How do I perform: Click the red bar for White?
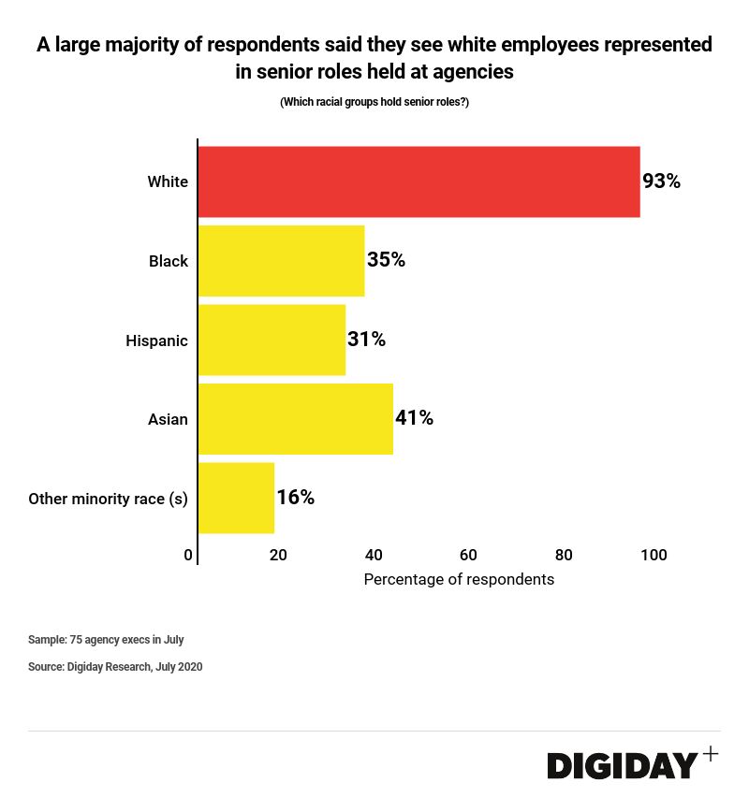[x=419, y=181]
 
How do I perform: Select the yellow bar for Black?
[x=281, y=261]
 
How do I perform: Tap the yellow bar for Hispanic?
[x=272, y=340]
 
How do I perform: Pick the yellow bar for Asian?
[x=295, y=418]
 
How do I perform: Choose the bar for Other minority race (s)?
[x=236, y=498]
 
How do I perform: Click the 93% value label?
[x=661, y=181]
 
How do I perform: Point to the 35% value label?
[x=386, y=260]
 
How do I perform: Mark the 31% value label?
[x=366, y=339]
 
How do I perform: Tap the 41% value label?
[x=414, y=418]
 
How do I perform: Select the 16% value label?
[x=295, y=498]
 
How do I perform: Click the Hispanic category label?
[x=156, y=341]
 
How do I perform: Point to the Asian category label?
[x=168, y=419]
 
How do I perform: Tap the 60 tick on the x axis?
[x=468, y=555]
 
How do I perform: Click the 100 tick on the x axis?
[x=654, y=555]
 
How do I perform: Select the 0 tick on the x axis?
[x=188, y=555]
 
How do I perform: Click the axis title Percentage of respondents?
[x=459, y=579]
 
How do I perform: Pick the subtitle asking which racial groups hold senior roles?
[x=374, y=102]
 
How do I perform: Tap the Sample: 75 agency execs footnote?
[x=106, y=640]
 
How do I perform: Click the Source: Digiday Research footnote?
[x=115, y=667]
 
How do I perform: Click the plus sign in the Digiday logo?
[x=711, y=754]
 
